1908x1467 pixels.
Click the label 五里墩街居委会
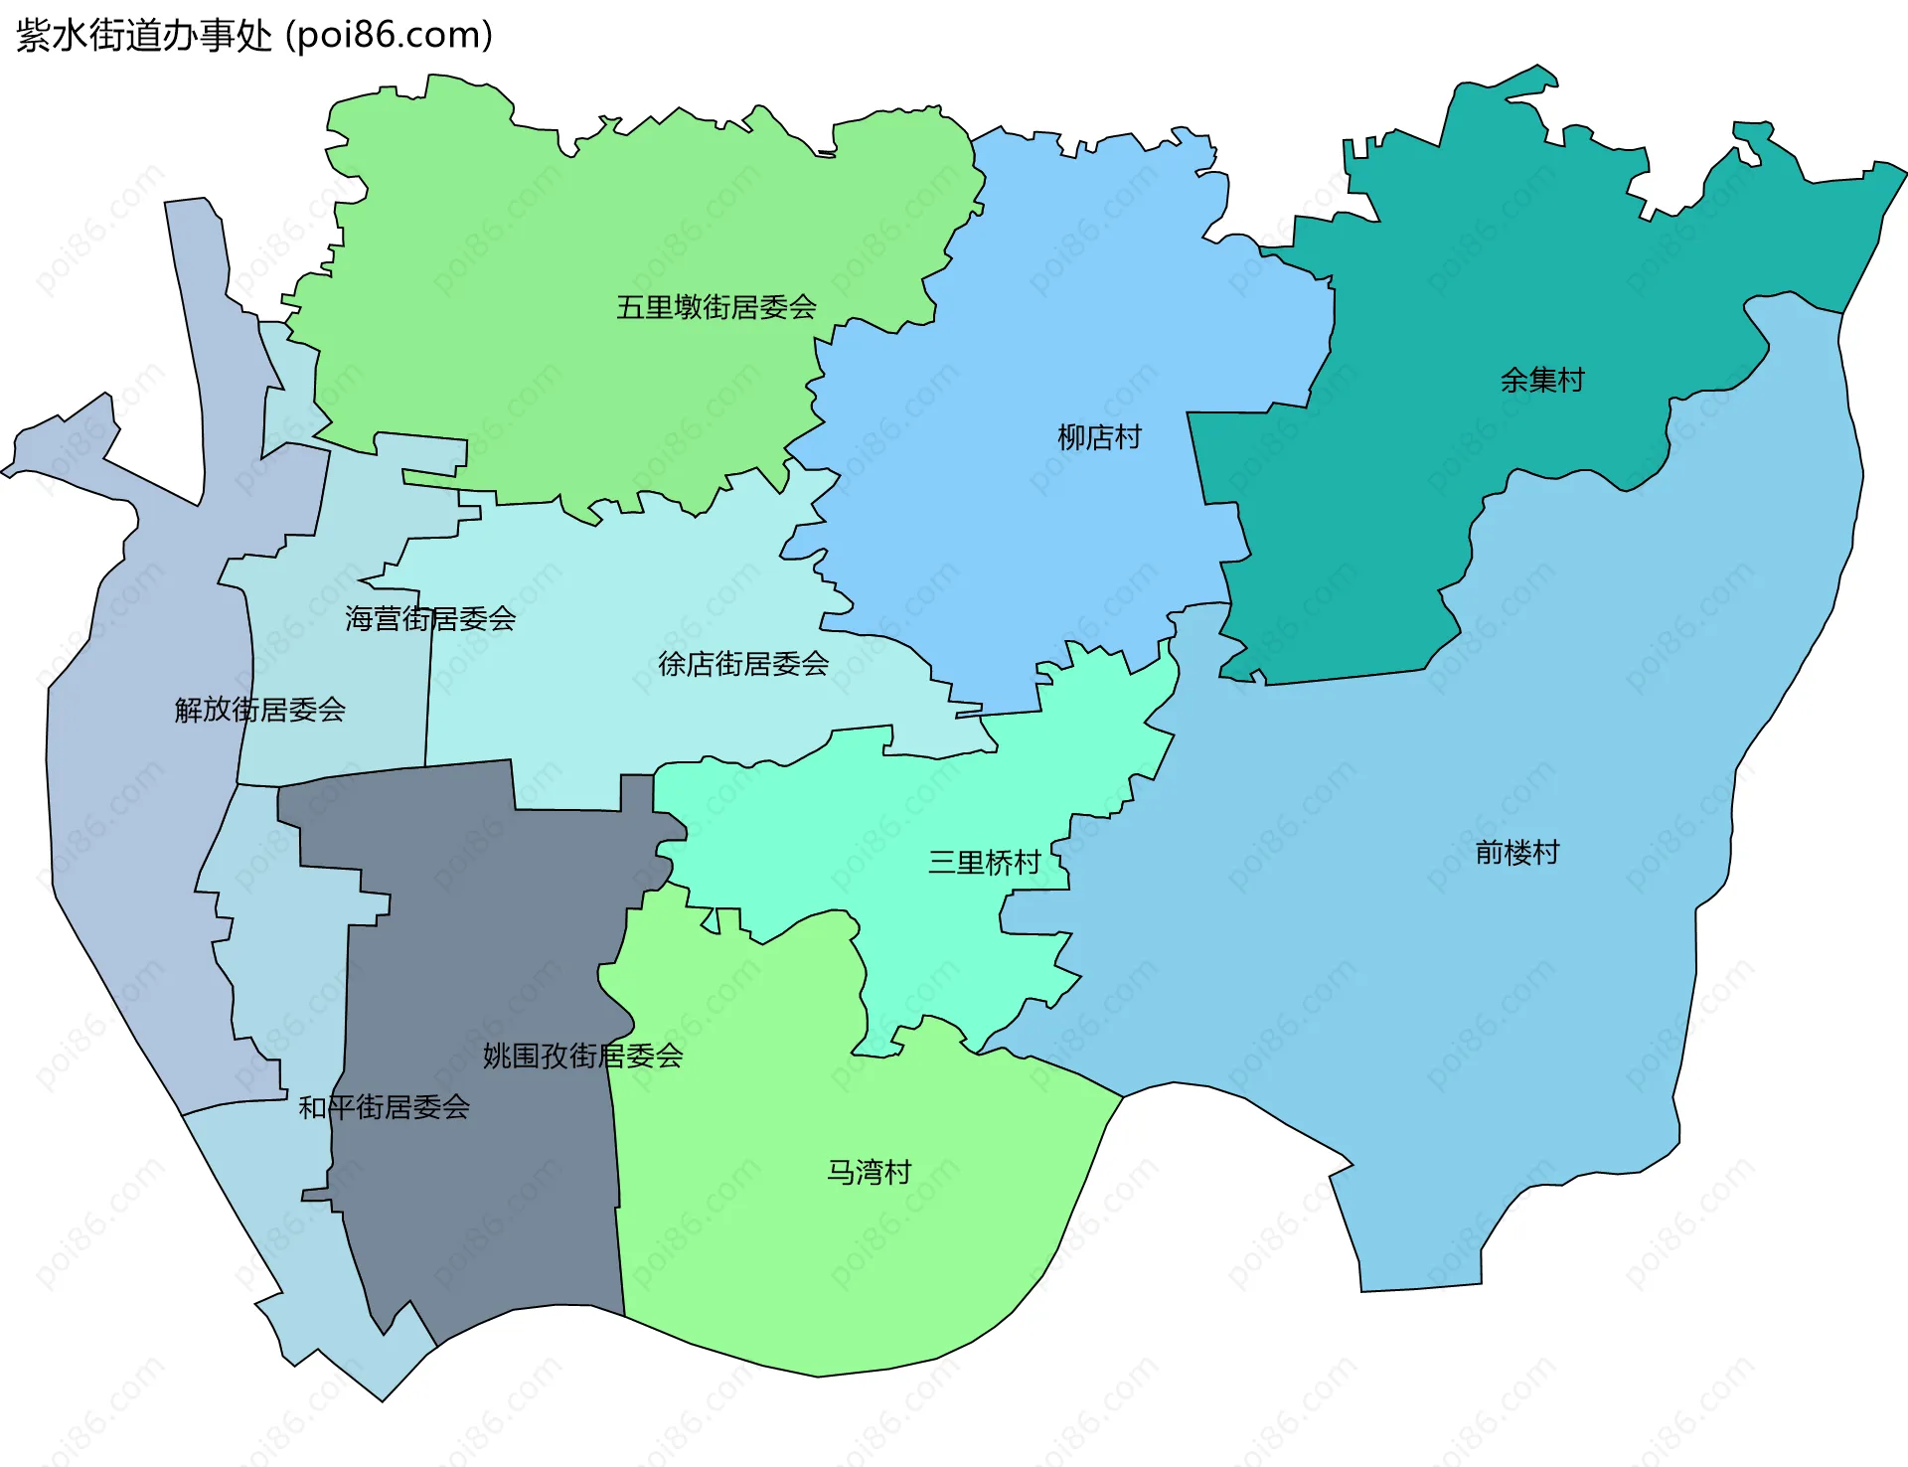click(716, 307)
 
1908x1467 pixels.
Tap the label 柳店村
click(1099, 437)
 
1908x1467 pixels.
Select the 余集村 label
click(1542, 380)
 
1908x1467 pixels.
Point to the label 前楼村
click(1517, 853)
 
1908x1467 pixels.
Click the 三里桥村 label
click(984, 862)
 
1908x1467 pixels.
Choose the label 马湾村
click(870, 1173)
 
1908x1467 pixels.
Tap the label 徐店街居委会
click(743, 664)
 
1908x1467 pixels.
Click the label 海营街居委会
click(430, 619)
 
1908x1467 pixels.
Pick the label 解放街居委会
click(260, 710)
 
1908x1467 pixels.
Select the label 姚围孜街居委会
click(583, 1056)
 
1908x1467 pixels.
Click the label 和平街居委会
click(385, 1107)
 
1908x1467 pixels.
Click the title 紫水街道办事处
click(144, 36)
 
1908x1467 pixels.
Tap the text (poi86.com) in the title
click(389, 36)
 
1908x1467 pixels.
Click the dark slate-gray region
click(477, 1173)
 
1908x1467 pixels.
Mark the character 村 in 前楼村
click(1546, 853)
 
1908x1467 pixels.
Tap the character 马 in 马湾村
click(842, 1173)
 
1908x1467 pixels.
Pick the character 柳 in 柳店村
click(1071, 437)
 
